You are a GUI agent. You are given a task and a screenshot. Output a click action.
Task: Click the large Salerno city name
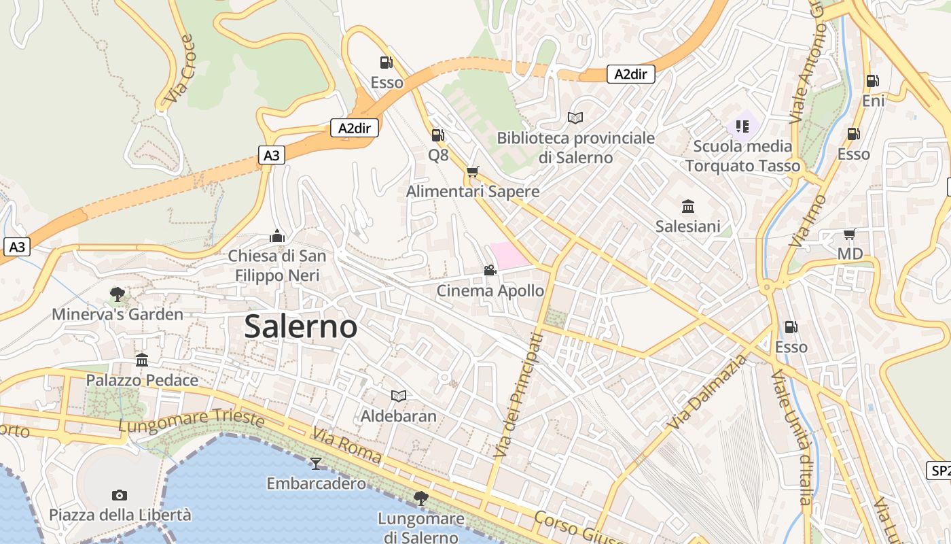tap(300, 326)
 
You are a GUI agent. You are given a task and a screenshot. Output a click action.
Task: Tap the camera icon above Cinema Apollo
tap(490, 271)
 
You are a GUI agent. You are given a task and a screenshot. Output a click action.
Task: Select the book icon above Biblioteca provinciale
tap(575, 118)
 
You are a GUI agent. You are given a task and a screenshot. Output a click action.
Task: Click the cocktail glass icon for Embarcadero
tap(315, 464)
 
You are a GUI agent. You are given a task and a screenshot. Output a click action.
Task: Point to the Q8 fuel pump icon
tap(437, 135)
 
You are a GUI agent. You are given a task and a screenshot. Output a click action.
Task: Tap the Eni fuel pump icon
tap(872, 81)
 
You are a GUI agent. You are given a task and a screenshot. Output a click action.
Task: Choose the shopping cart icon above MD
tap(849, 235)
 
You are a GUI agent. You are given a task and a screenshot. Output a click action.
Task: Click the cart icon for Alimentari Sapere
tap(472, 171)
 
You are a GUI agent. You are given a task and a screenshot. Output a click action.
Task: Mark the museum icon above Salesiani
tap(687, 206)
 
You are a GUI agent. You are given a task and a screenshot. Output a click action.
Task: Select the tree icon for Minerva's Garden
tap(117, 294)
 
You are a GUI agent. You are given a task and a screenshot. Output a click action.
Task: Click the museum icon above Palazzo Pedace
tap(141, 360)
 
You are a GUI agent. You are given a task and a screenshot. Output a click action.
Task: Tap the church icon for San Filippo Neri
tap(276, 236)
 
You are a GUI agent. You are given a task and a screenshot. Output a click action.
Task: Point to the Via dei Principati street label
tap(518, 394)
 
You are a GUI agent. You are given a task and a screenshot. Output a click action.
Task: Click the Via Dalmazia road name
tap(707, 392)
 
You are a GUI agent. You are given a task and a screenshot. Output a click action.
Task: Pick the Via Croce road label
tap(179, 71)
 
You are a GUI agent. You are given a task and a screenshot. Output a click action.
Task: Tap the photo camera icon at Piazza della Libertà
tap(120, 495)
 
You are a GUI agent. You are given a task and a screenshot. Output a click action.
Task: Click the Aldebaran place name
tap(398, 415)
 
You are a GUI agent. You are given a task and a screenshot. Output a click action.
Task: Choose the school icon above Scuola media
tap(742, 126)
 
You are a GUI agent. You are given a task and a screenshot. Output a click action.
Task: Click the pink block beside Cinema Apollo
tap(508, 255)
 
